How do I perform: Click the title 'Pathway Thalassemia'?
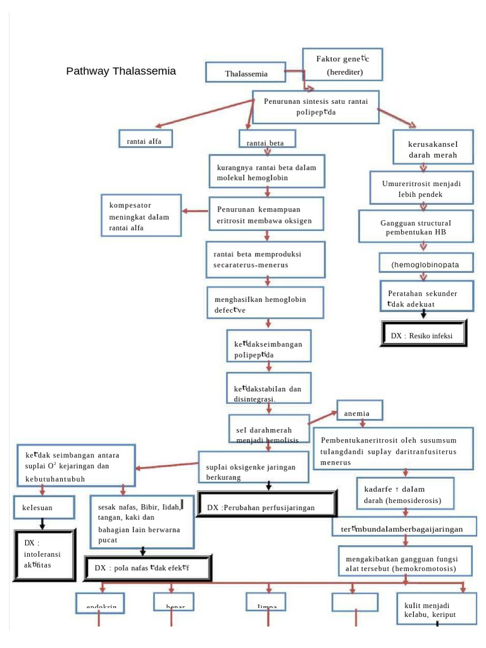point(121,71)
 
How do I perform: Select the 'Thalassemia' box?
point(246,73)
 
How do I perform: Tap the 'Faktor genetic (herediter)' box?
point(342,65)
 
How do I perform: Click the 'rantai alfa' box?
point(146,139)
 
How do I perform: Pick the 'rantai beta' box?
point(265,143)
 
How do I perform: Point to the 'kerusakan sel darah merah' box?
point(432,149)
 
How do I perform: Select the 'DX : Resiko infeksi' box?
point(425,335)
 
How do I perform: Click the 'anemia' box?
point(359,412)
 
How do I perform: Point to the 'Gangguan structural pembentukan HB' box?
point(416,227)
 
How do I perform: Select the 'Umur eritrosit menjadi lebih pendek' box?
point(421,189)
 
